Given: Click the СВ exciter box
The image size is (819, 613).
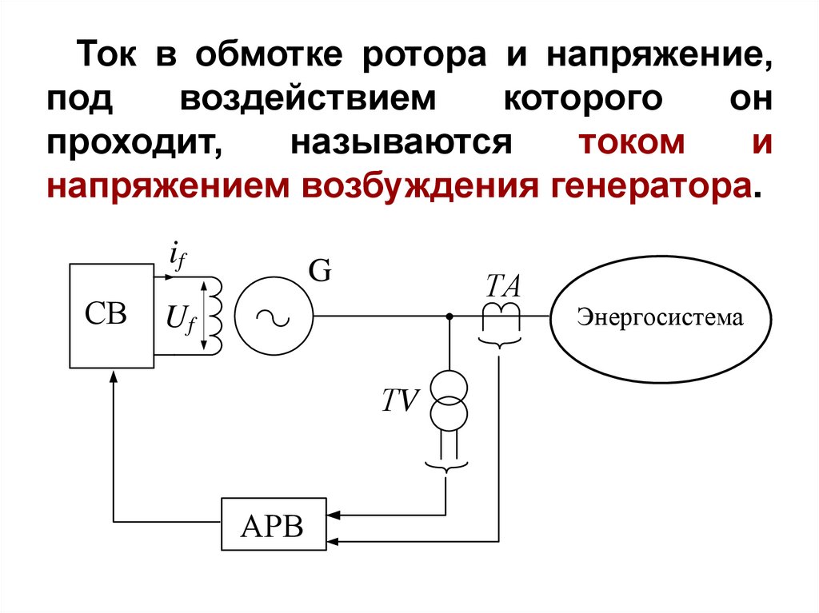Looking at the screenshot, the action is coord(111,315).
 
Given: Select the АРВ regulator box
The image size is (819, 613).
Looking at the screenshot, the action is coord(274,524).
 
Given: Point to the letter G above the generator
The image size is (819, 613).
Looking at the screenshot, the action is coord(320,273).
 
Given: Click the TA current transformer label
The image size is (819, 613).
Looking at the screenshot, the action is coord(504,284).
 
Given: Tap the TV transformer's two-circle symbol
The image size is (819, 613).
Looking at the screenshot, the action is coord(448,402).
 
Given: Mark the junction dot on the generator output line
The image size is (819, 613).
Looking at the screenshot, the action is coord(449,316).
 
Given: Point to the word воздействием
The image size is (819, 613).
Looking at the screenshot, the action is coord(310,102).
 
